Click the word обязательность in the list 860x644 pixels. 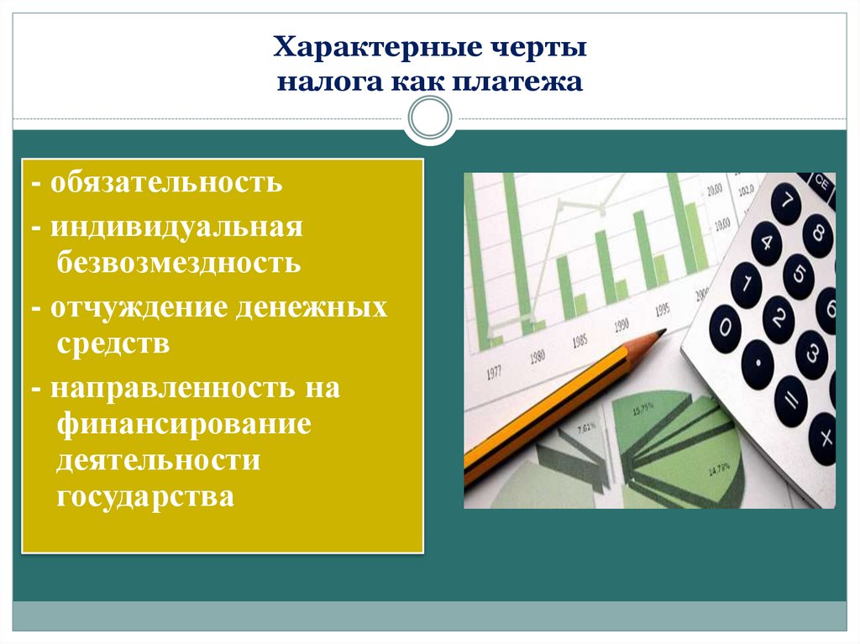[165, 182]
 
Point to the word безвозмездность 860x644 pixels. [179, 264]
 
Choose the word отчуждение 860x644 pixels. [142, 307]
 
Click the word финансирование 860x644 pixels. [185, 423]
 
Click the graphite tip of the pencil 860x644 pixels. [660, 333]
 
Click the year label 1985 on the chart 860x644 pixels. [579, 342]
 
